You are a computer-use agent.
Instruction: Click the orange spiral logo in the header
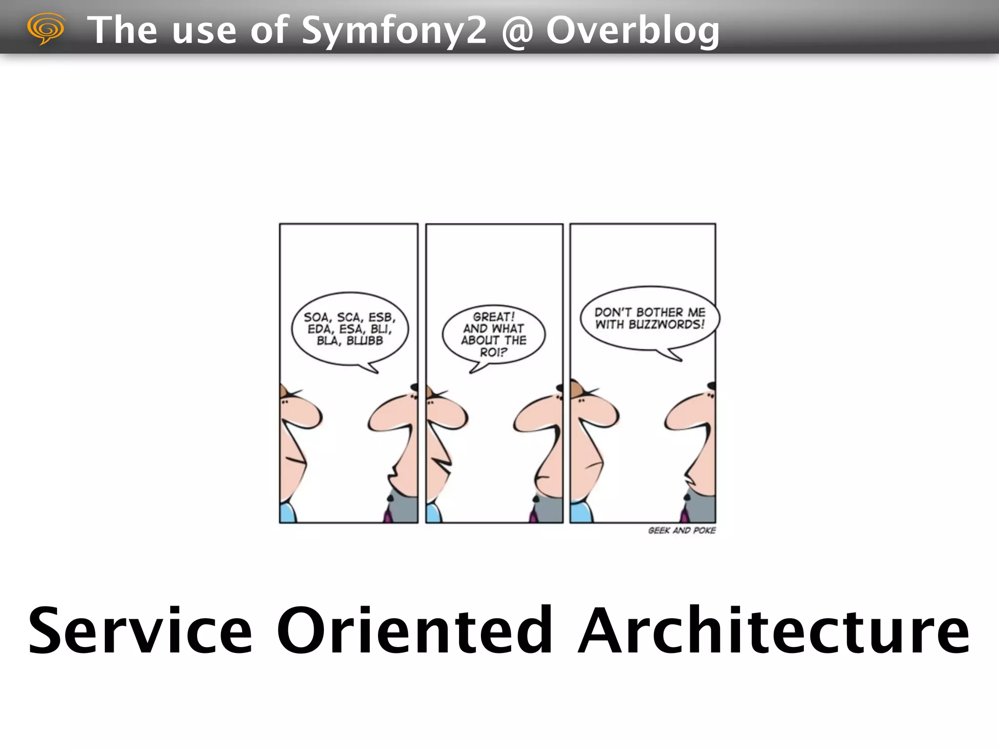tap(46, 28)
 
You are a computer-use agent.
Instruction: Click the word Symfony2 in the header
tap(394, 30)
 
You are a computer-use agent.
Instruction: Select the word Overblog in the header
tap(633, 30)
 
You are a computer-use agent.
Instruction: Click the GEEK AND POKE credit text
tap(681, 530)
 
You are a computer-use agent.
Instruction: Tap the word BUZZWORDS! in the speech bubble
tap(666, 324)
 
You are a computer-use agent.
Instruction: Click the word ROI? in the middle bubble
tap(493, 352)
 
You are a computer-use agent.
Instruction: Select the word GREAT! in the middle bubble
tap(494, 317)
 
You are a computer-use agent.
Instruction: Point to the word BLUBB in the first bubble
tap(364, 340)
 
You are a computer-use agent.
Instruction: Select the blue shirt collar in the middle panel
tap(433, 513)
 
